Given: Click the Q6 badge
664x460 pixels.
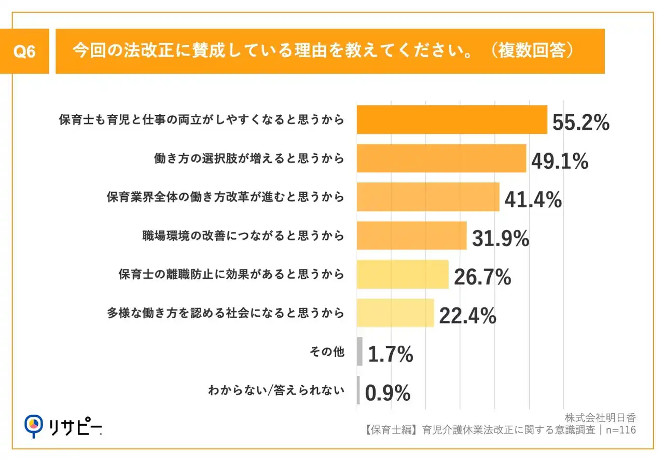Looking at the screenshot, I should point(24,52).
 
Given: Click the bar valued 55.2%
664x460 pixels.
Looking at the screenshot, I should point(451,120).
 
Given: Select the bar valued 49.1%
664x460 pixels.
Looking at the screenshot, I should point(441,158).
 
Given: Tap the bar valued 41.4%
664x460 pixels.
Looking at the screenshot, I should point(427,197).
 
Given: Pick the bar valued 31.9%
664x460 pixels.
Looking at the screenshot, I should point(411,236).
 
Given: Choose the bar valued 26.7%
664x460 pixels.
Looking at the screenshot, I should point(402,274).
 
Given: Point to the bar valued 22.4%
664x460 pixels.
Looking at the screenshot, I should point(395,313).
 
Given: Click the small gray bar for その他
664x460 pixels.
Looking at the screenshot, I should point(359,351).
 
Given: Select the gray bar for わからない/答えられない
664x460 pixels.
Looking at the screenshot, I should point(358,390).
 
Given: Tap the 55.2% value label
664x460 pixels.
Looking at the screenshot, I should point(580,123).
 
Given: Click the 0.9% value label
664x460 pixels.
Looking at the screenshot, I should point(388,393).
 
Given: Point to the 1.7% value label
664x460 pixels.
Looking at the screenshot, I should point(390,354).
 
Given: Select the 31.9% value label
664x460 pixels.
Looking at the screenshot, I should point(500,238).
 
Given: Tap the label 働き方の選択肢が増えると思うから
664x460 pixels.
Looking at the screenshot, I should point(249,158).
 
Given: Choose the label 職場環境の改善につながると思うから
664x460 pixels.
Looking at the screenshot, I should point(243,236).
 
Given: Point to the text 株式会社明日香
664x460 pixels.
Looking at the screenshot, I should point(601,417).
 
